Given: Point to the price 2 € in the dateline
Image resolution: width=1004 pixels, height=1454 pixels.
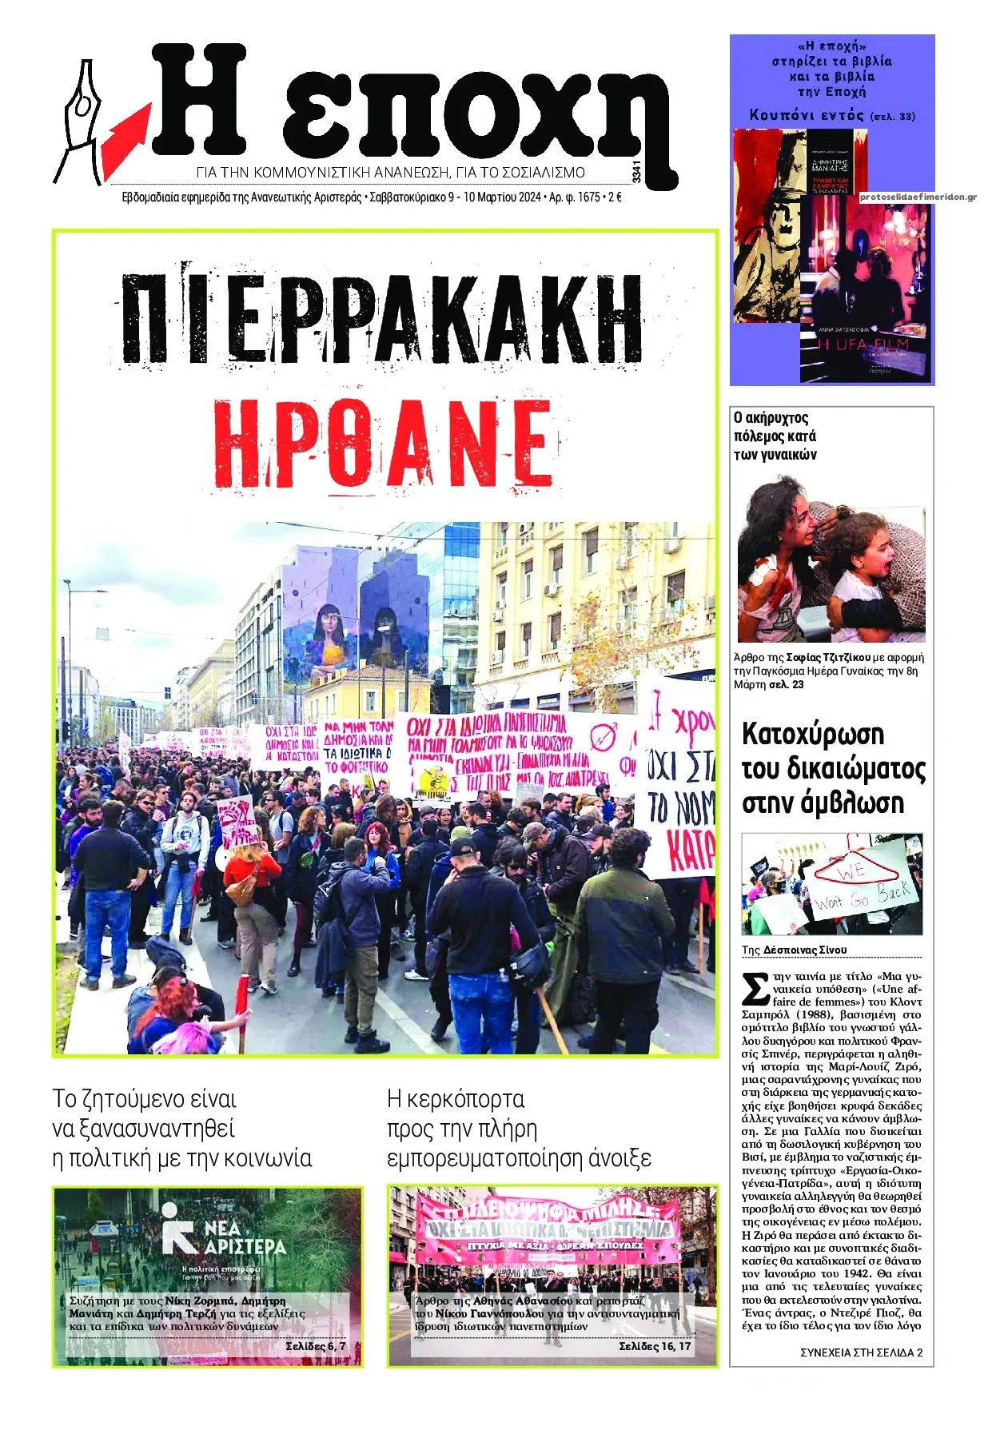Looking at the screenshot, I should pos(615,197).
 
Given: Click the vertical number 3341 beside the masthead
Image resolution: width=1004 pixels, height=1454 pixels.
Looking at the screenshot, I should pos(635,172).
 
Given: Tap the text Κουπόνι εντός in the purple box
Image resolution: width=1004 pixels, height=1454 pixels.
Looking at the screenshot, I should pos(807,115).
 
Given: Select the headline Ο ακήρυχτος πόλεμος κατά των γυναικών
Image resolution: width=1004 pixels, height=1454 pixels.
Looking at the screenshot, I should pos(775,436).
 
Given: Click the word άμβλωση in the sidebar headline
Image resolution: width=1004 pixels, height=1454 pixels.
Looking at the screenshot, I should pos(856,803).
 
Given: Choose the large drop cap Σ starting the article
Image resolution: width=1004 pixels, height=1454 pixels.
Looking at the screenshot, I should pos(755,988).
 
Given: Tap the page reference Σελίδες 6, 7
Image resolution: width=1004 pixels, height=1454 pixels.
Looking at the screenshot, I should pos(316,1346).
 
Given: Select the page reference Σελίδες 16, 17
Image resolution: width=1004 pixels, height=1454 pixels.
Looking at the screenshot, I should pos(655,1346).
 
